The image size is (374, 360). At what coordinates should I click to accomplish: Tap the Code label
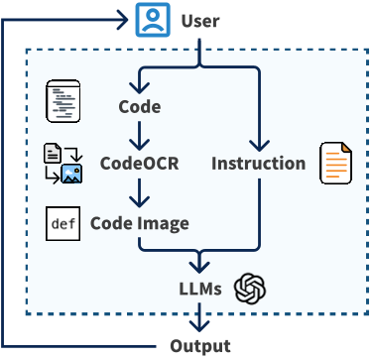click(x=139, y=106)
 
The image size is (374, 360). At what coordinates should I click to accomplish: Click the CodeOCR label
click(x=139, y=164)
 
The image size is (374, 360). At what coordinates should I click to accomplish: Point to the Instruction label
click(x=258, y=164)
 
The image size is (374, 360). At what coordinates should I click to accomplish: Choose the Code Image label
click(x=139, y=223)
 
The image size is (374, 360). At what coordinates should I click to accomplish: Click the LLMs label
click(x=199, y=290)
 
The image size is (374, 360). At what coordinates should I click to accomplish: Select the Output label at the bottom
click(x=198, y=346)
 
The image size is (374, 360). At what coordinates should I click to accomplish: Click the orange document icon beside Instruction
click(x=335, y=164)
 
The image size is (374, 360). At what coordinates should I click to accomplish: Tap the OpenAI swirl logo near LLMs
click(x=251, y=290)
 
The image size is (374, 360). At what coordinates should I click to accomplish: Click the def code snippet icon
click(x=62, y=223)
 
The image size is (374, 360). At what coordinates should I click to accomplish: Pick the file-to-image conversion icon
click(x=62, y=165)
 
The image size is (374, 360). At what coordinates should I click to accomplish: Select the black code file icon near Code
click(x=62, y=102)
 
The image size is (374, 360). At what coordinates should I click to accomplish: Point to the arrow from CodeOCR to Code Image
click(x=140, y=193)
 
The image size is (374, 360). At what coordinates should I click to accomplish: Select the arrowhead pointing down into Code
click(x=140, y=87)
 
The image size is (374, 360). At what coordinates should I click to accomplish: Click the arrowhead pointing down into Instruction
click(x=259, y=145)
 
